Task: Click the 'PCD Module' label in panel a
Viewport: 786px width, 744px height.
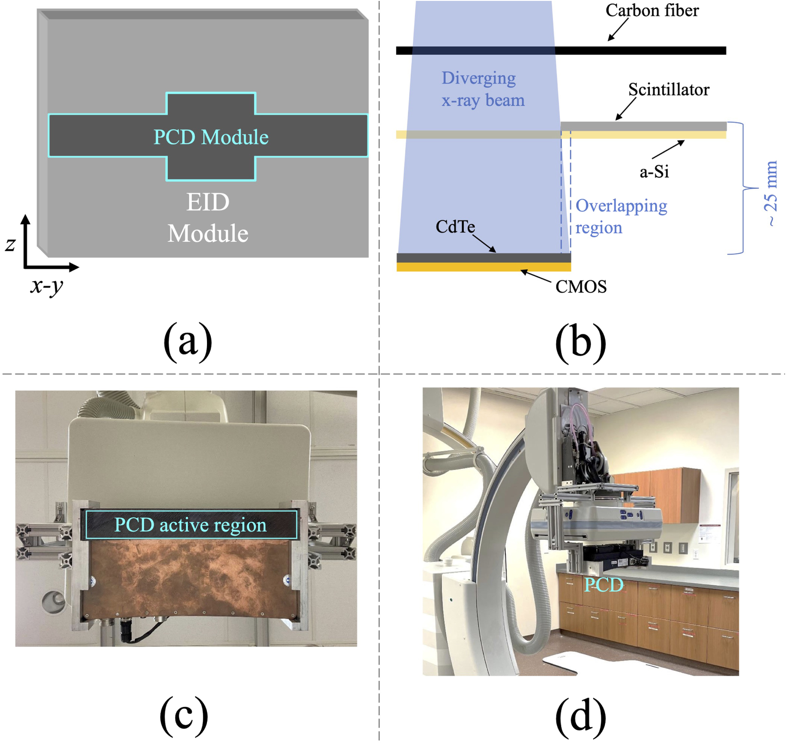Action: pos(211,138)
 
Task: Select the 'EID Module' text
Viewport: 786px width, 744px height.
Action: pos(208,218)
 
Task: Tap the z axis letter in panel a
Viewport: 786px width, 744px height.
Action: pos(11,244)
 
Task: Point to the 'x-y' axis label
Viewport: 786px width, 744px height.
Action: pos(47,286)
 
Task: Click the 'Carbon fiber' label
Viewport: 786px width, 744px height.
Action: pos(652,11)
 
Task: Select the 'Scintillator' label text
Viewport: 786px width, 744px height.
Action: pos(668,90)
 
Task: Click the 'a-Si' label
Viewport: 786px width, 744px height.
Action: pos(654,172)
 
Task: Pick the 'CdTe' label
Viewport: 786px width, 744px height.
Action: pos(455,227)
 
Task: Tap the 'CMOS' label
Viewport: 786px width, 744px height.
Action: pos(581,287)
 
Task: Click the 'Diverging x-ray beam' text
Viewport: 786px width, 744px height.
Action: pos(483,89)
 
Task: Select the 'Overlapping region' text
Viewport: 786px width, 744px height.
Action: pos(621,217)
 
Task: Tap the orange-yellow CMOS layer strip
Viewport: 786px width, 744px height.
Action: pos(483,267)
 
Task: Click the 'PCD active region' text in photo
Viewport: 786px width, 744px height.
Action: pos(190,525)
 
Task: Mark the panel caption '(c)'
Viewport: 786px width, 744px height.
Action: pos(184,715)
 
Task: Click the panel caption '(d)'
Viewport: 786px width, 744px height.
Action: pos(580,715)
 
